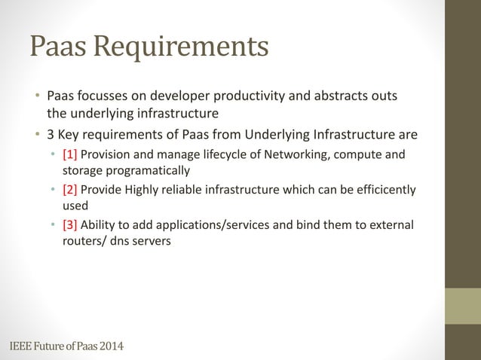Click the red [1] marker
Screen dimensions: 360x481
[71, 155]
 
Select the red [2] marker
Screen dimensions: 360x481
[71, 190]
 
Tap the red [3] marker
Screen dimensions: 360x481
[71, 224]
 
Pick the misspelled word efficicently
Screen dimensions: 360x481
[384, 190]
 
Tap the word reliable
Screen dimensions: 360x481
[201, 190]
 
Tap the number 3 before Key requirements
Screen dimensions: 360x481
[51, 136]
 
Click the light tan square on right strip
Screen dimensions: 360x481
[463, 306]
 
